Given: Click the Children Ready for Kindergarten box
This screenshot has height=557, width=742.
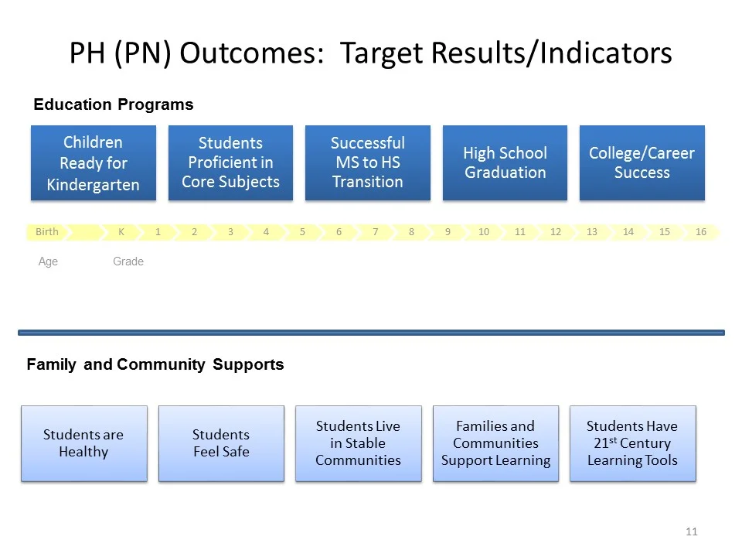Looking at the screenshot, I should click(93, 163).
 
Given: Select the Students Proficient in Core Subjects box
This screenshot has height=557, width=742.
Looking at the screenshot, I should click(230, 163).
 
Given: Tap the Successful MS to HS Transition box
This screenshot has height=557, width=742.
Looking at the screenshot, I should click(367, 163).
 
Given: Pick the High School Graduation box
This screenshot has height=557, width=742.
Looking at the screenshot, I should click(505, 163).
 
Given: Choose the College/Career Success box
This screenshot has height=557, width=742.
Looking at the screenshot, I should click(642, 163).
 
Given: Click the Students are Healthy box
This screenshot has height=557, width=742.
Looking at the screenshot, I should click(83, 443).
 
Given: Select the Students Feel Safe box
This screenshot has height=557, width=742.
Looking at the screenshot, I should click(221, 443).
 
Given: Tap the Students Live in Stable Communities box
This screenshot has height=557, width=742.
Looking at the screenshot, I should click(358, 443).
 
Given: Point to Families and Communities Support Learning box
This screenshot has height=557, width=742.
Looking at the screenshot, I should click(495, 443).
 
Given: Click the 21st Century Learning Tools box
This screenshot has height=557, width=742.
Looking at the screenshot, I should click(632, 443).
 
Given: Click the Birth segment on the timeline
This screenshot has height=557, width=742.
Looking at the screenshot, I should click(47, 232).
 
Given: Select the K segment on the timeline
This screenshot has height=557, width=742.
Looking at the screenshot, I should click(121, 232).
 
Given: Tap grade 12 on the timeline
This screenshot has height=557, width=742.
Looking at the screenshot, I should click(555, 232).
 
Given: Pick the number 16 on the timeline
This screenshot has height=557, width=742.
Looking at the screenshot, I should click(701, 232).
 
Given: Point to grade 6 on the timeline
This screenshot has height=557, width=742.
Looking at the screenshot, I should click(339, 232).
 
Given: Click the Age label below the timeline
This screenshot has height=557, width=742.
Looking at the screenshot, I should click(48, 261).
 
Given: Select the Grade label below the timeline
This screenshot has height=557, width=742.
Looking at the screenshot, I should click(128, 261).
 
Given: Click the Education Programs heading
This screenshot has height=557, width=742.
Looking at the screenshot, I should click(113, 104).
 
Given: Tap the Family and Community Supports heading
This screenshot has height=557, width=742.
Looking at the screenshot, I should click(155, 364).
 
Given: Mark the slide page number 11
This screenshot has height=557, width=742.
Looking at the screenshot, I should click(691, 531).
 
